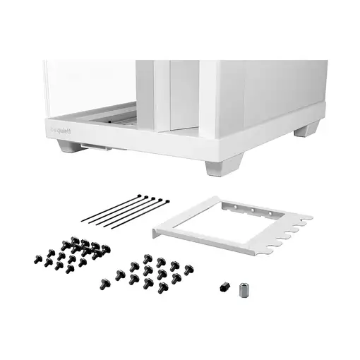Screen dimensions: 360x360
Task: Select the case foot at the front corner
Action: (215, 169)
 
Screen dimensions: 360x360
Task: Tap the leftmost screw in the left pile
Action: (36, 257)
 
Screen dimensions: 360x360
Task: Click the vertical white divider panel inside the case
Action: (180, 99)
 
